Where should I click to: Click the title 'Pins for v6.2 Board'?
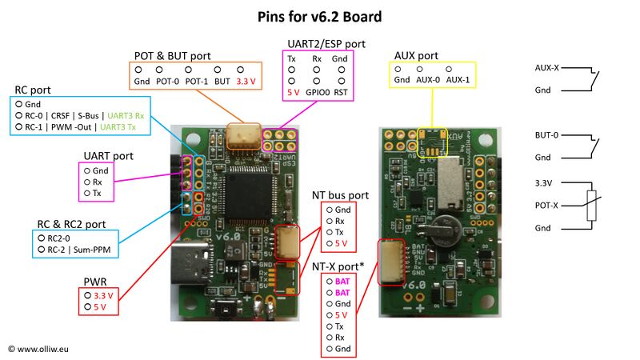[x=319, y=16]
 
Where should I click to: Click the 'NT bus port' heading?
[x=340, y=194]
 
